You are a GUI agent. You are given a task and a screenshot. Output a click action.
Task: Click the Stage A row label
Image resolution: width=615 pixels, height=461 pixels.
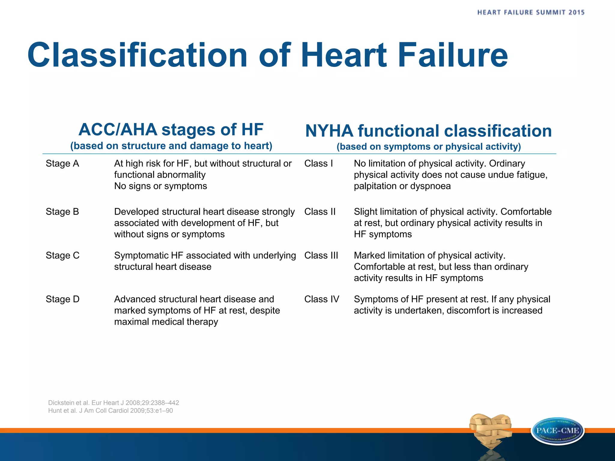point(62,164)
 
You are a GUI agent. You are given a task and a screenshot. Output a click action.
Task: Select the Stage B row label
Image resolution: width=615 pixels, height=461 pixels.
point(62,212)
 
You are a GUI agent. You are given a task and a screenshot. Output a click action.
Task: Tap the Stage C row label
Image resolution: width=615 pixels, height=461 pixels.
point(62,255)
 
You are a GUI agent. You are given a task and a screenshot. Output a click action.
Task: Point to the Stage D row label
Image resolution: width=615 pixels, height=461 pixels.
point(62,299)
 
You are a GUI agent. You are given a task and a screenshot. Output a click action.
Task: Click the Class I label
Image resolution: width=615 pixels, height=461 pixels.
point(319,164)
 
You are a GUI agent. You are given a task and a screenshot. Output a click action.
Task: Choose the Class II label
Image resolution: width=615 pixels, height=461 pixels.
point(320,212)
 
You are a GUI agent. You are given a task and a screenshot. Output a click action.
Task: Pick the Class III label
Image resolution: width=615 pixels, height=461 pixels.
point(321,255)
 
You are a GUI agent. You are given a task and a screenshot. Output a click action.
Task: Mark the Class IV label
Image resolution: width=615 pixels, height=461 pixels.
point(322,299)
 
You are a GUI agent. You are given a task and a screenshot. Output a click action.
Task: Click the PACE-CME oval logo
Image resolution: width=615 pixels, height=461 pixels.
point(558,431)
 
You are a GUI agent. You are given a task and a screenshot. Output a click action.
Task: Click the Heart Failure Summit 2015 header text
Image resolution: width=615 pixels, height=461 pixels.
point(531,13)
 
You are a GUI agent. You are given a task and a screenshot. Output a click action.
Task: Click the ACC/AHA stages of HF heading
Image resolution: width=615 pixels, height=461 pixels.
point(171,130)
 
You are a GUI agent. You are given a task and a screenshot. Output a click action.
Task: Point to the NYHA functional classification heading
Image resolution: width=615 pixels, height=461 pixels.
point(429,131)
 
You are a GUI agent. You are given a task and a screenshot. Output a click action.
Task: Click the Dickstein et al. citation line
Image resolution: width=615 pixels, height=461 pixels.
point(114,403)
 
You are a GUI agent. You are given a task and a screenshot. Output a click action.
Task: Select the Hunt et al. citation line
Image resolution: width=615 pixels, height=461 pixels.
point(111,411)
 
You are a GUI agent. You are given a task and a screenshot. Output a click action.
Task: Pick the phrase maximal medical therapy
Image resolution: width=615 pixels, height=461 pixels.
point(166,322)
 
